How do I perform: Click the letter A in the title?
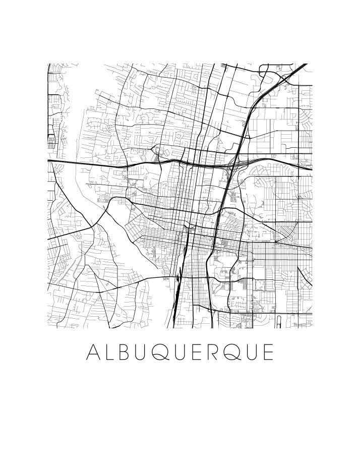(x=93, y=352)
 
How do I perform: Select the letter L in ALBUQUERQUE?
(x=111, y=352)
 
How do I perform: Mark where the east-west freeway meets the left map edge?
(x=49, y=160)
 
